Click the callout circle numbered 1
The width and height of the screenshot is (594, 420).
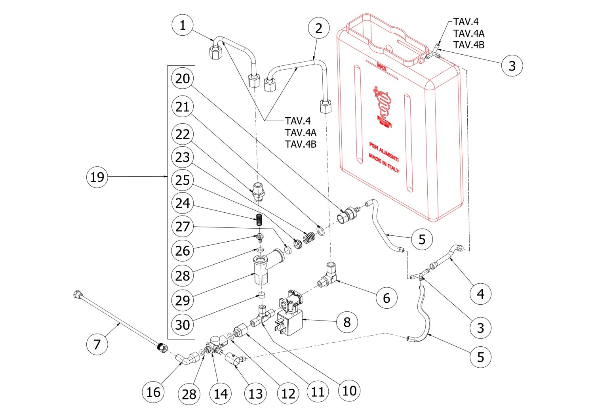pos(183,25)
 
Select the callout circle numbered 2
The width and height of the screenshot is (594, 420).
pos(319,28)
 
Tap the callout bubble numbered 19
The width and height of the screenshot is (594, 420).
pos(97,177)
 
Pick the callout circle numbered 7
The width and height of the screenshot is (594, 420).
pos(97,344)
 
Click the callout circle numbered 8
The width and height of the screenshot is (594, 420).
pos(347,322)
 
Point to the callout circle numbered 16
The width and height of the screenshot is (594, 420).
pos(153,392)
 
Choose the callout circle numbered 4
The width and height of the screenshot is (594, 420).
pos(480,294)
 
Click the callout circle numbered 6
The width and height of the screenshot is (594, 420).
pos(386,298)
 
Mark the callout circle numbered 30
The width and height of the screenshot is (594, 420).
pos(183,325)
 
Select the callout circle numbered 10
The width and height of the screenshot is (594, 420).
pos(349,391)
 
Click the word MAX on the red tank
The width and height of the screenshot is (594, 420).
pos(382,65)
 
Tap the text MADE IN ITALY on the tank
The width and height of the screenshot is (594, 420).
pos(384,163)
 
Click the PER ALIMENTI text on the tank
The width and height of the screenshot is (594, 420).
pos(384,151)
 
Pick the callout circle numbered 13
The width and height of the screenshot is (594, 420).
pos(256,393)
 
